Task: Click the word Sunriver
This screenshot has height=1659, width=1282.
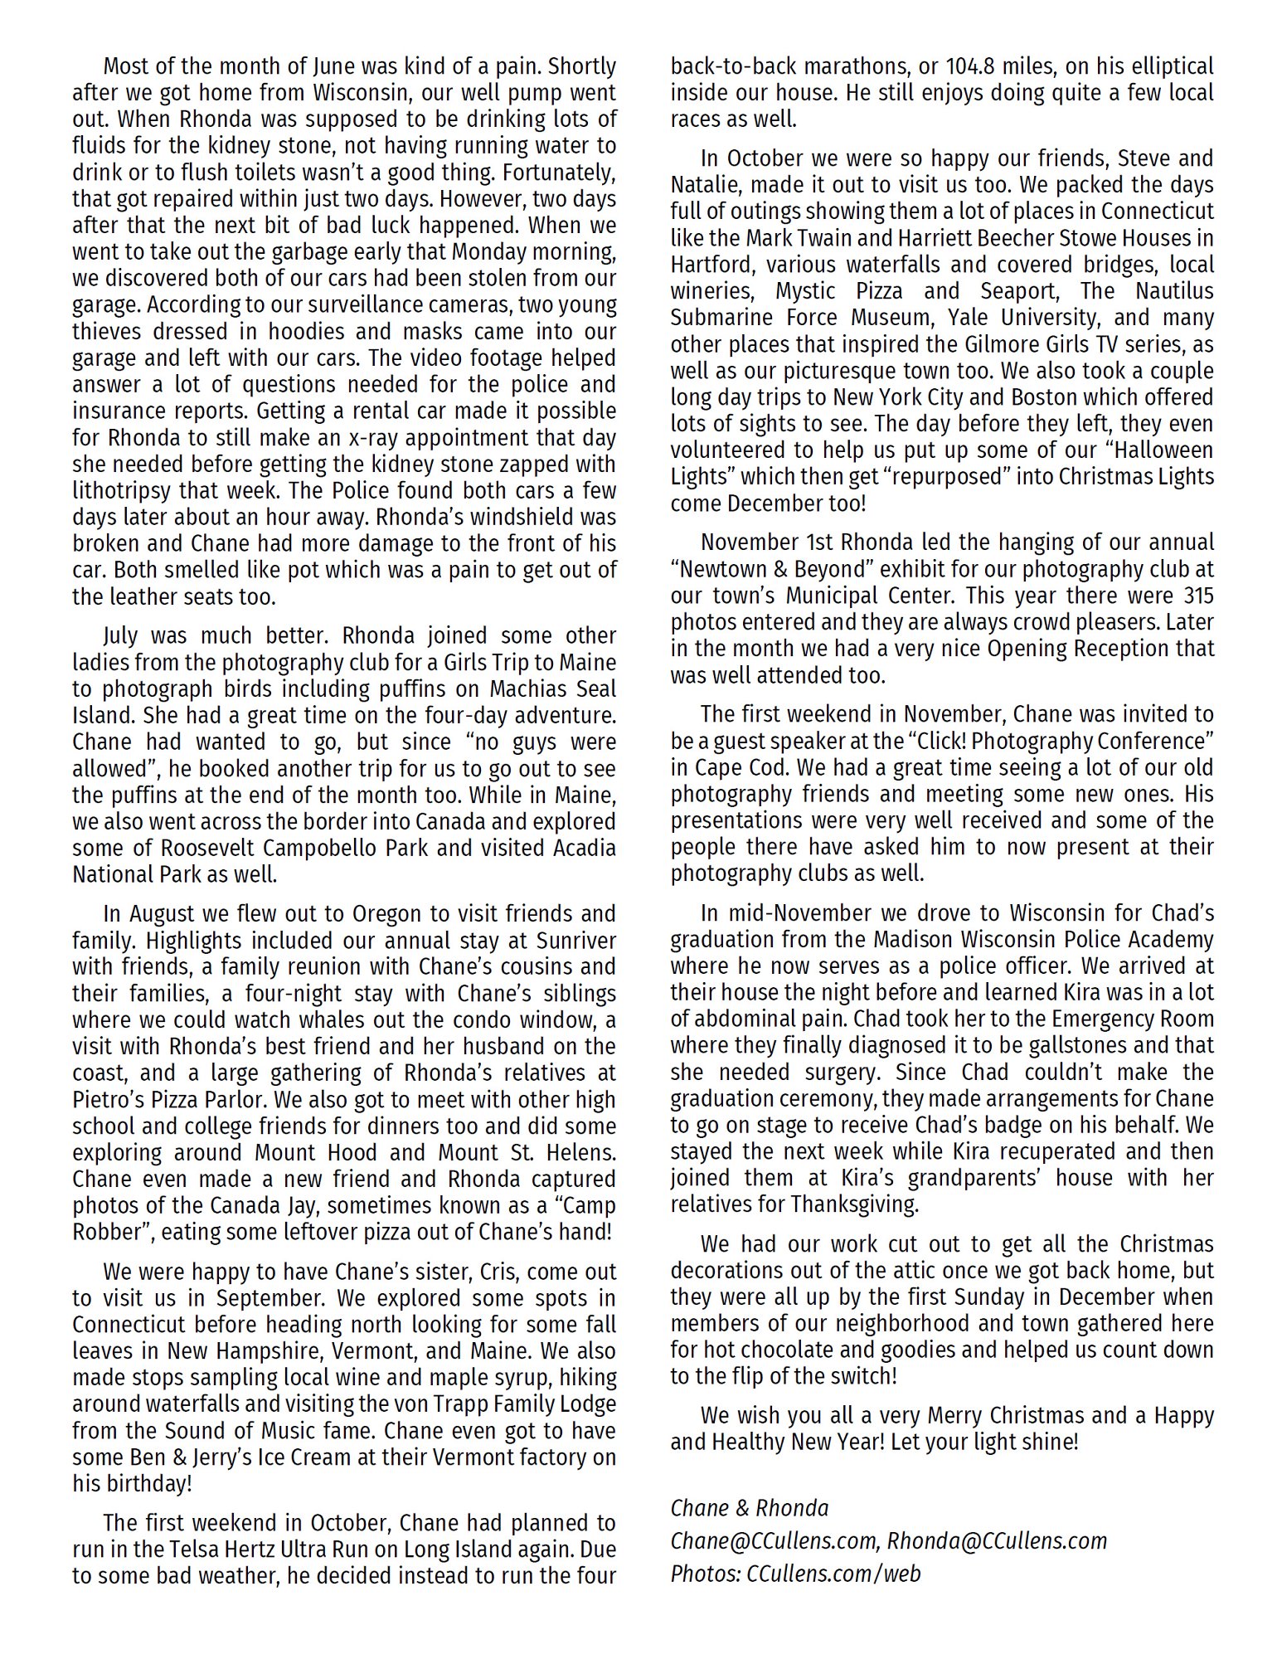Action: (571, 941)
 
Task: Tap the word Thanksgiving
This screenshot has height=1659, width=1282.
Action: (854, 1205)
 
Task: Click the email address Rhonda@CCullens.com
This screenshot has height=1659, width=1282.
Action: (997, 1541)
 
